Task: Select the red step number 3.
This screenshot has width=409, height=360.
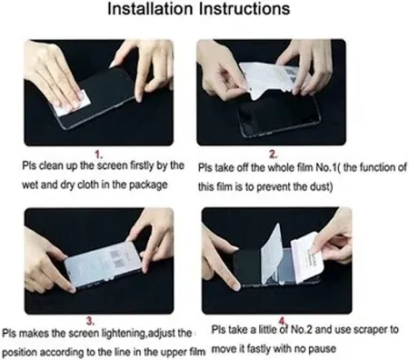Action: point(87,319)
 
